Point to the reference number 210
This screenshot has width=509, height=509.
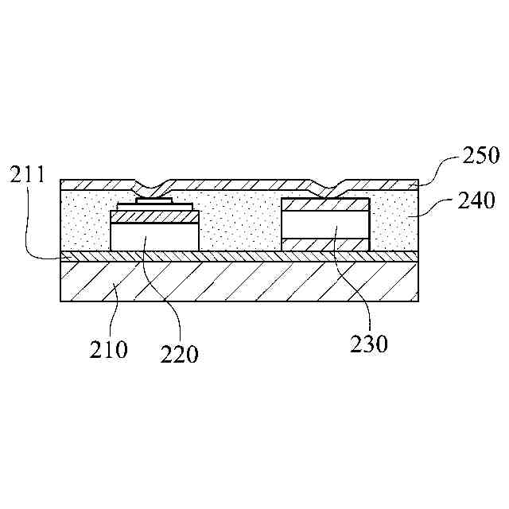[x=108, y=349]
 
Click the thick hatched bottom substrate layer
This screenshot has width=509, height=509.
[x=239, y=282]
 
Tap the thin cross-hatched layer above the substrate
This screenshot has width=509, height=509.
[x=239, y=256]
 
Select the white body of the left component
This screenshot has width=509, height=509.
[x=153, y=236]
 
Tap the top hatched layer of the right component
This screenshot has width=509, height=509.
[x=325, y=204]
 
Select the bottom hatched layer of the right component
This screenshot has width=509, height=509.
[x=325, y=244]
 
